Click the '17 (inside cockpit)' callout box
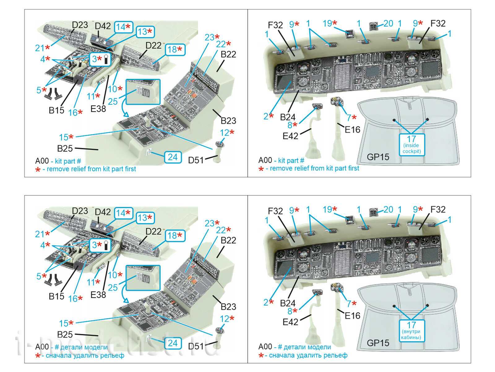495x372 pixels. pos(411,144)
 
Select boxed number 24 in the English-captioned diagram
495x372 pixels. pos(172,157)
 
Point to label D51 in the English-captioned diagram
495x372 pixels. pos(196,160)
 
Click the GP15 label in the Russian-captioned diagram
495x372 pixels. pos(378,343)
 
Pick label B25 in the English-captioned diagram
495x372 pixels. pos(65,148)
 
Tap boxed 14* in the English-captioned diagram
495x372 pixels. pos(123,27)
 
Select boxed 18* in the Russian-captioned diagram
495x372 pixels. pos(175,236)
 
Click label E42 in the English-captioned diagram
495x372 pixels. pos(290,136)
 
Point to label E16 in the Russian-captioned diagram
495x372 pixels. pos(352,316)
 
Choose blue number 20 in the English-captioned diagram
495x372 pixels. pos(388,24)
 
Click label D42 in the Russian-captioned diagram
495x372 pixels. pos(103,212)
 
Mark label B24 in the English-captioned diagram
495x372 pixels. pos(287,117)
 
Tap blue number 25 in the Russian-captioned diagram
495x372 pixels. pos(113,287)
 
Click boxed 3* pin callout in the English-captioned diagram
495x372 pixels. pos(101,59)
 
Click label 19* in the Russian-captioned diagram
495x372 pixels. pos(329,210)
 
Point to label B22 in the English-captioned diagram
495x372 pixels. pos(228,54)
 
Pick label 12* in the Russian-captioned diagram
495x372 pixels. pos(227,319)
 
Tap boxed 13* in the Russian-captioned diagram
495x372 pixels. pos(145,218)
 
